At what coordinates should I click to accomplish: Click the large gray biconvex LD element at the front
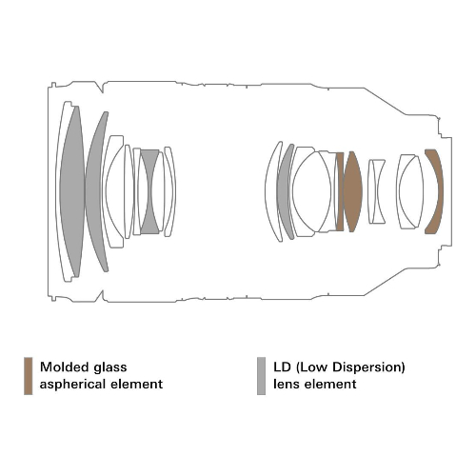coord(72,190)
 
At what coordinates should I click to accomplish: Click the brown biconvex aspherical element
coord(352,191)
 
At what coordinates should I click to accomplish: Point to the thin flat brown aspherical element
coord(340,191)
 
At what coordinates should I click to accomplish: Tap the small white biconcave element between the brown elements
coord(377,191)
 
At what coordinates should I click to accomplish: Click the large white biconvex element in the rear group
coord(311,190)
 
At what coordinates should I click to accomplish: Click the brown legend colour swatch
coord(29,376)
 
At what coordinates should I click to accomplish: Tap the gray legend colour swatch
coord(261,376)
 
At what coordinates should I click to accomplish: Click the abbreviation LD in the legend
coord(282,367)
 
